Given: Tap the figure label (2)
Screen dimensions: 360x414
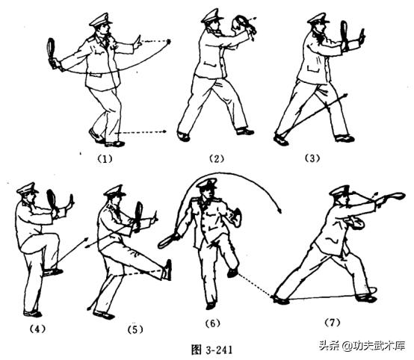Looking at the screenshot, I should coord(217,159).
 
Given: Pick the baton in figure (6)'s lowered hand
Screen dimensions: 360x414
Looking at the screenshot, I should coord(170,238).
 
